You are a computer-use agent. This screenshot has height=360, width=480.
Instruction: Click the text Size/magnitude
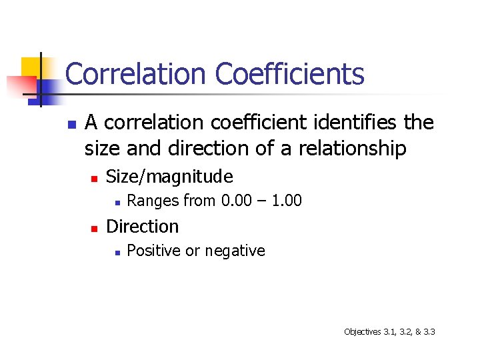169,177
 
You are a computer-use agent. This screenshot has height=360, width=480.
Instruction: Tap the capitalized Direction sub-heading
142,227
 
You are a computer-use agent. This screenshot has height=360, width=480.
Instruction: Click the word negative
235,251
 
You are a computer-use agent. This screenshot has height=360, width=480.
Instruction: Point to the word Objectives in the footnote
362,331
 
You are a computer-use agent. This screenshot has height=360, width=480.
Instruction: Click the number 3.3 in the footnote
429,331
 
